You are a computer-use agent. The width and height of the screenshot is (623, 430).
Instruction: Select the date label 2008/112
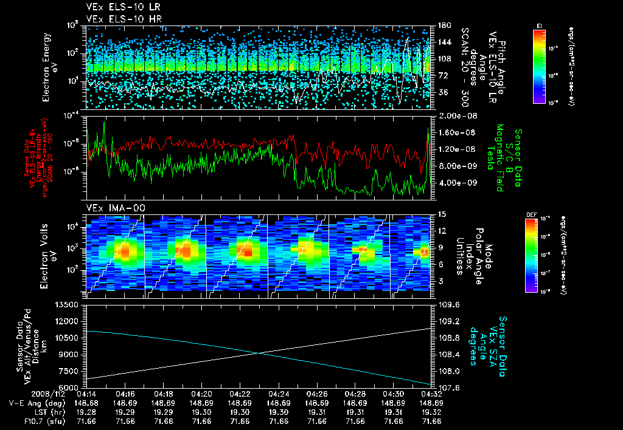point(24,394)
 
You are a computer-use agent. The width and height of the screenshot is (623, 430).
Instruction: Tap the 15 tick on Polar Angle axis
point(441,214)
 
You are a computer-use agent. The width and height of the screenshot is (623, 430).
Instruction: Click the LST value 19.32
point(431,411)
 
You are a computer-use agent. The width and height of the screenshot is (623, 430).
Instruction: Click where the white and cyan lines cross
point(259,353)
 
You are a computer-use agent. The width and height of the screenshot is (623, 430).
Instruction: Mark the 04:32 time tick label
point(431,394)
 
